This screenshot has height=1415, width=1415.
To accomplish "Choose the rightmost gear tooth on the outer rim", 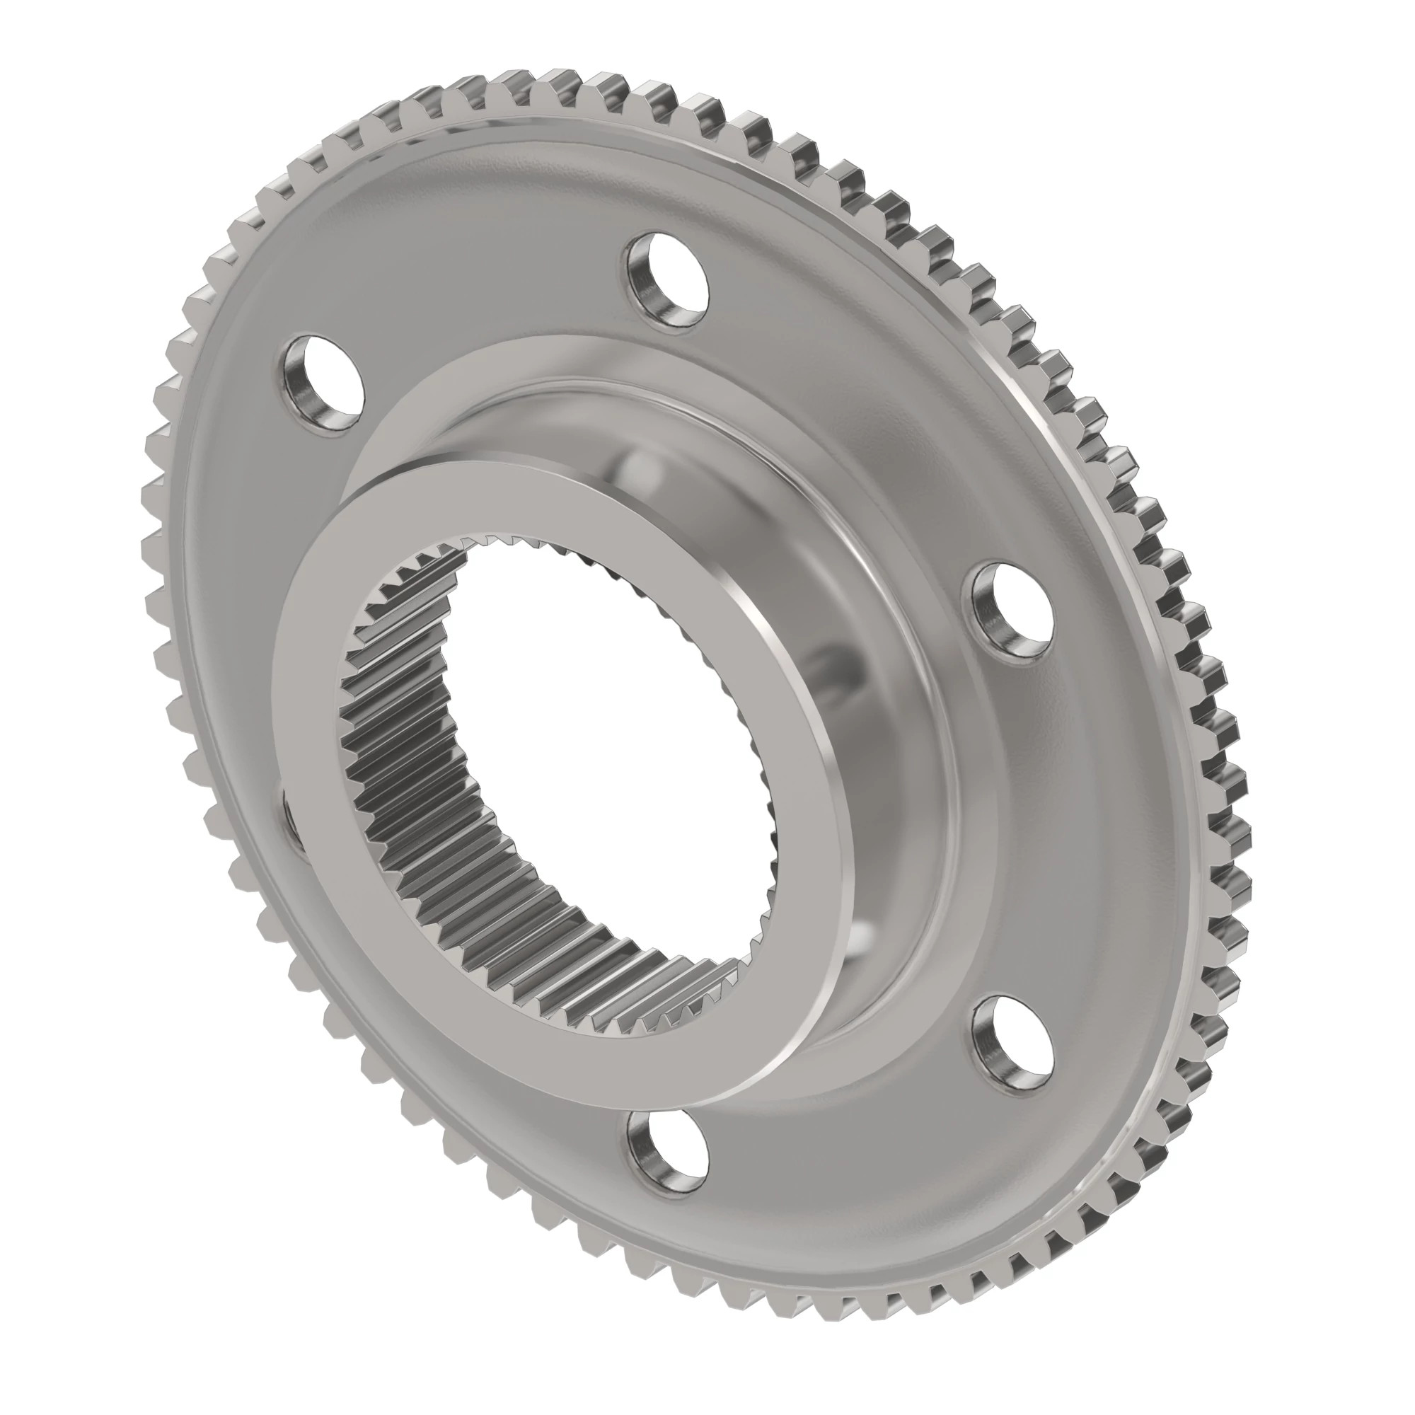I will coord(1237,732).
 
